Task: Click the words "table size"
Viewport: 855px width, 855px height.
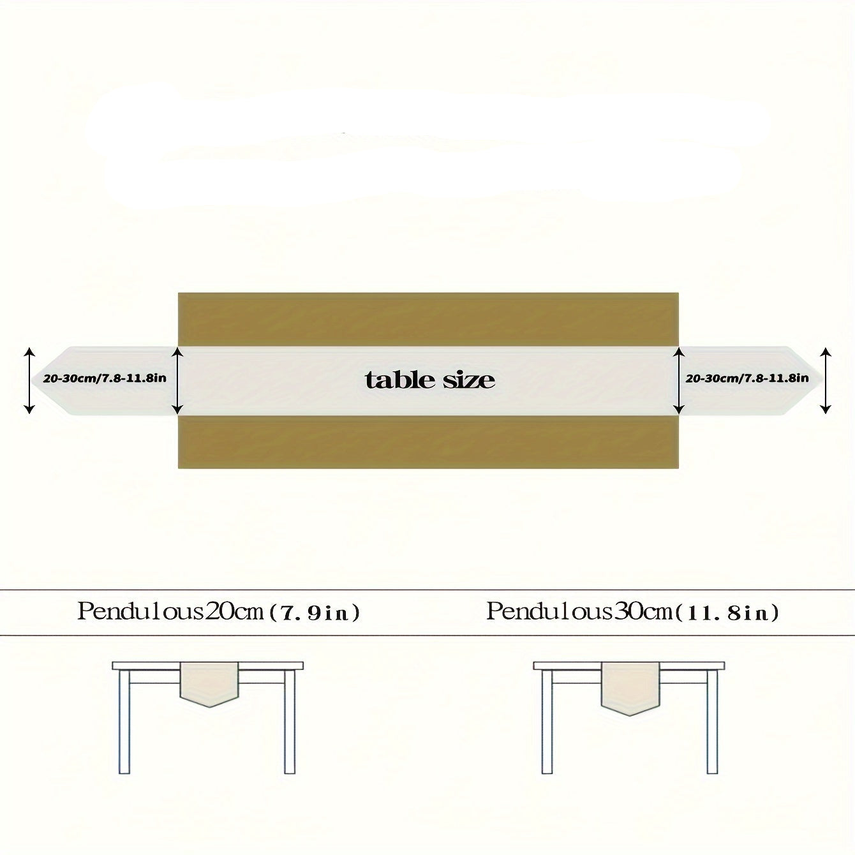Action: point(429,380)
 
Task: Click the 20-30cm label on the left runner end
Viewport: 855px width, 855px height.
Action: point(105,378)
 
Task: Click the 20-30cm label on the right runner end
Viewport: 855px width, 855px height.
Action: point(747,378)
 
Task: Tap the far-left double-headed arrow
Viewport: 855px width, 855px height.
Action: point(29,381)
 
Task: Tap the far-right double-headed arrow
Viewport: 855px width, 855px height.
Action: point(825,381)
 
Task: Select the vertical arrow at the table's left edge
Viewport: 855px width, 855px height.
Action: point(177,381)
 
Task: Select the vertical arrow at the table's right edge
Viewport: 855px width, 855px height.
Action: point(678,381)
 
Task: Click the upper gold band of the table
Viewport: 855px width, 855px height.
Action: point(428,320)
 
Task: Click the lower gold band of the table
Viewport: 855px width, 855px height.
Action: point(428,442)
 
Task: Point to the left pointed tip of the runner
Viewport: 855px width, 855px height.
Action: point(31,381)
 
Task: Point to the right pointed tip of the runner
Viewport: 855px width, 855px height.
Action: point(823,381)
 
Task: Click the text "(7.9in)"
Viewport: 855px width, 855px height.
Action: point(315,613)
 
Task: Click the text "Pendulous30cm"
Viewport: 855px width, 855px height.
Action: point(579,612)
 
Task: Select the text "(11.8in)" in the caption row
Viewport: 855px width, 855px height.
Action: point(726,613)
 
